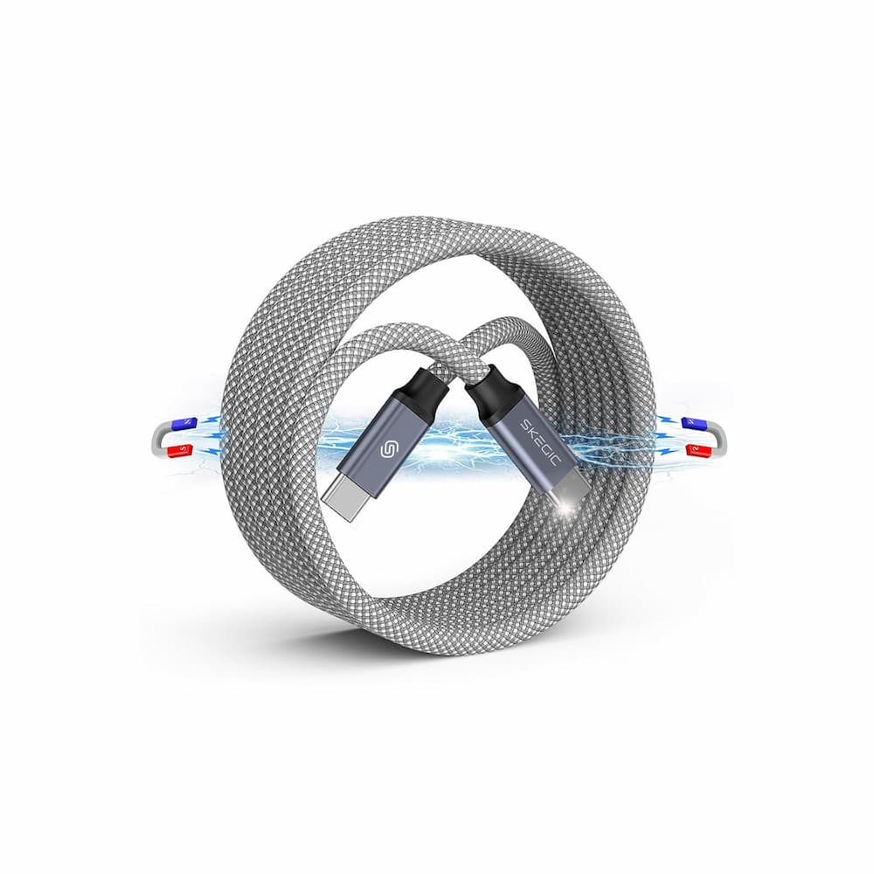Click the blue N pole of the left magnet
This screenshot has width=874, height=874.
[x=177, y=424]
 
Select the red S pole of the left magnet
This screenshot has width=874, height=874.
[x=177, y=449]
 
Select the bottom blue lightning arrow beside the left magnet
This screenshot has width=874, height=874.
[x=207, y=452]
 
